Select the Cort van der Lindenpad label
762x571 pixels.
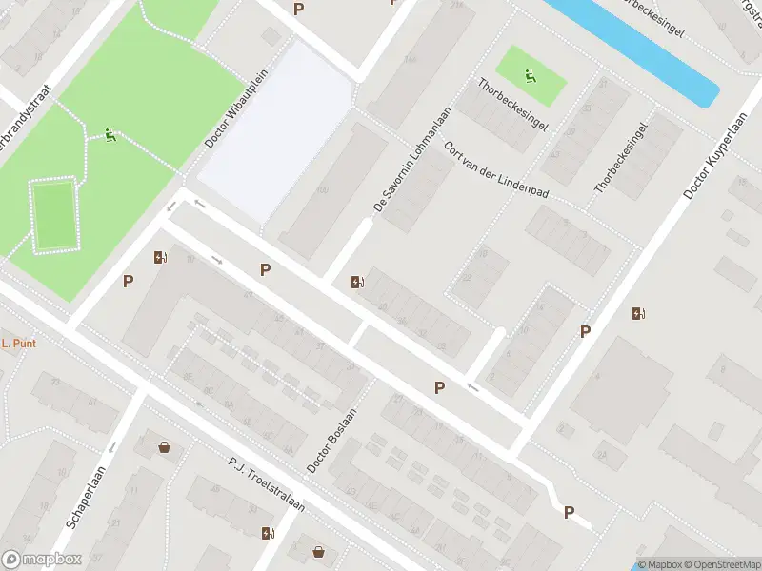(496, 171)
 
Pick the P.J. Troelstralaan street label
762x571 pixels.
(266, 483)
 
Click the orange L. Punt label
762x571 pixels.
(18, 344)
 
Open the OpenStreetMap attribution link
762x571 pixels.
(723, 564)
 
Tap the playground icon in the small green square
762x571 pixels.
(530, 76)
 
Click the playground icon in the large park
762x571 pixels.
(110, 136)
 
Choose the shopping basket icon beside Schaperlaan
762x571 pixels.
(165, 446)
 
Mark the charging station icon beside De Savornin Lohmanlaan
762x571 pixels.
(356, 282)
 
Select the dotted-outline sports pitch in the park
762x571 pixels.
(54, 216)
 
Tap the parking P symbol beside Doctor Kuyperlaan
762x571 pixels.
(586, 331)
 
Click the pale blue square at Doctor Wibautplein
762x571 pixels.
(276, 124)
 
